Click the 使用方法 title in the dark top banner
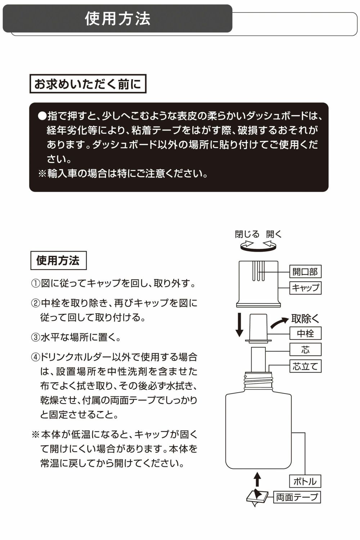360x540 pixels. tap(117, 19)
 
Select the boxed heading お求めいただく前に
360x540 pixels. tap(88, 84)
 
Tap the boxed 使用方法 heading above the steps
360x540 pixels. tap(58, 260)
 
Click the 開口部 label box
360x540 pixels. tap(305, 271)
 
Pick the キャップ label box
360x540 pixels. tap(305, 288)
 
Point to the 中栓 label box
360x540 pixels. tap(305, 333)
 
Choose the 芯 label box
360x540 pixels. tap(305, 350)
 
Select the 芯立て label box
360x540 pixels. tap(305, 366)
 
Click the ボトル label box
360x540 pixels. tap(305, 481)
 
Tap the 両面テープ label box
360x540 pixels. tap(297, 497)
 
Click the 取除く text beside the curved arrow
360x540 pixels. tap(305, 319)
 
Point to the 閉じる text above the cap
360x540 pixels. tap(247, 234)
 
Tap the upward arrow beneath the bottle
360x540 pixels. tap(257, 479)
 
